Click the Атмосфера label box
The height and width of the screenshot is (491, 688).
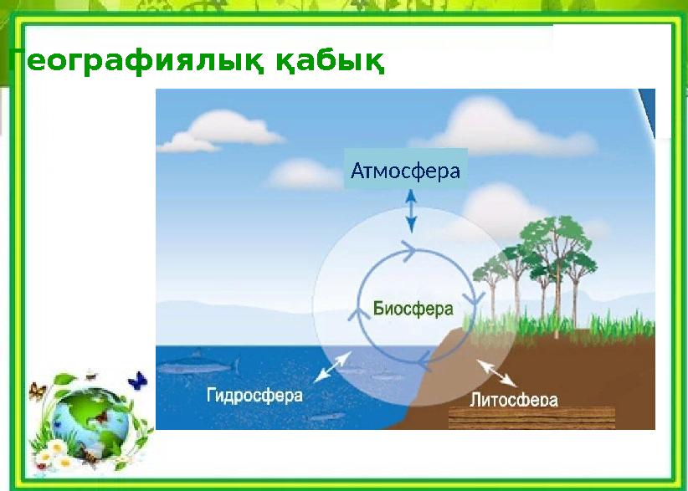(x=406, y=171)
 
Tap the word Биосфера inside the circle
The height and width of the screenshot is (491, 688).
(x=413, y=308)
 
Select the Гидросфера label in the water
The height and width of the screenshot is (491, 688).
(x=254, y=395)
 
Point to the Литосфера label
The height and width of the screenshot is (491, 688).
(x=514, y=399)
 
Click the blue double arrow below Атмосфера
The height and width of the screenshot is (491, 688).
(x=410, y=210)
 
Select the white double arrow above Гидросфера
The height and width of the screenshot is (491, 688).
(x=332, y=366)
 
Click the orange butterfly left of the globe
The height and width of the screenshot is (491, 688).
(x=36, y=391)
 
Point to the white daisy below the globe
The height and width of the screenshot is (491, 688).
(x=59, y=460)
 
